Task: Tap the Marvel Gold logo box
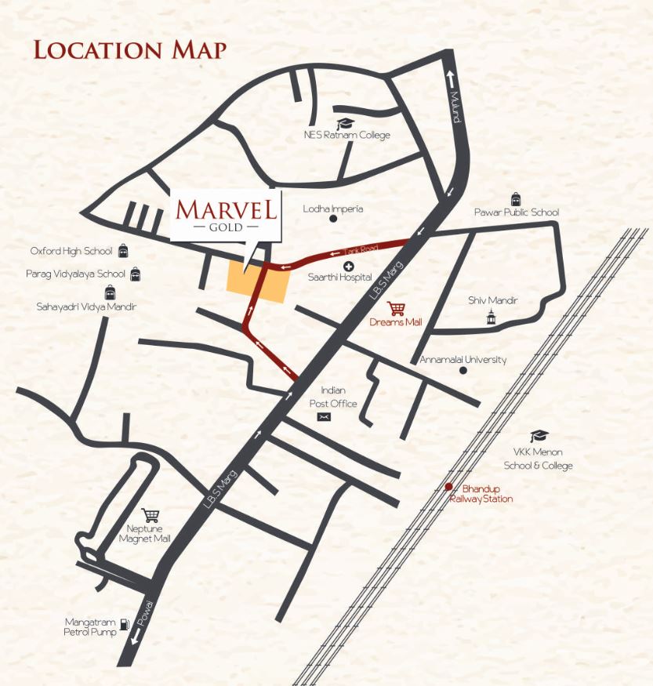coord(226,215)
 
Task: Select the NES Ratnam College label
coord(347,135)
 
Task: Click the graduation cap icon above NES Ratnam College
coord(344,122)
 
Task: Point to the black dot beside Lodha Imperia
coord(332,220)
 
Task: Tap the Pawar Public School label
coord(517,212)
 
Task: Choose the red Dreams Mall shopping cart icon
coord(397,308)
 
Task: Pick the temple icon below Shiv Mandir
coord(492,316)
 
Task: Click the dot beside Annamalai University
coord(463,370)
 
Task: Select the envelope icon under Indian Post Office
coord(324,418)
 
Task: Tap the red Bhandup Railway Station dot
coord(448,486)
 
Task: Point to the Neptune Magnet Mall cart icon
coord(150,515)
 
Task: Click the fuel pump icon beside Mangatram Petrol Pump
coord(125,627)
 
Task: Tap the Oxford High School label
coord(71,251)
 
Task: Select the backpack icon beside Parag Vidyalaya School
coord(136,274)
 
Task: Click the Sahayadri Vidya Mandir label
coord(86,307)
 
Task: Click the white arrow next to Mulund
coord(450,77)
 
